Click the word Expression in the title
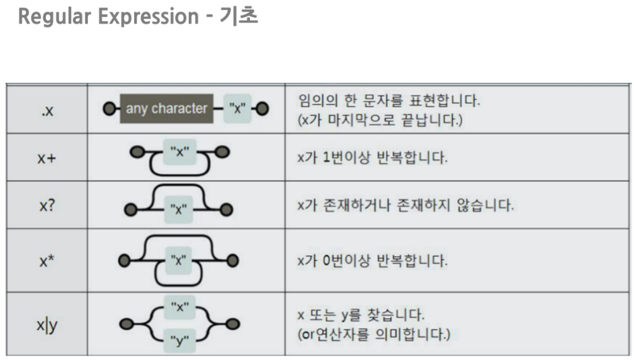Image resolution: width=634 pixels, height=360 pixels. pyautogui.click(x=146, y=17)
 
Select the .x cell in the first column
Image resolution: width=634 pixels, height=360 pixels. pyautogui.click(x=46, y=109)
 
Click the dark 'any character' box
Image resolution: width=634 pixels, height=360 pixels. pyautogui.click(x=167, y=108)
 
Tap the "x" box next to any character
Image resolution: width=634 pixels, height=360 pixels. pyautogui.click(x=238, y=108)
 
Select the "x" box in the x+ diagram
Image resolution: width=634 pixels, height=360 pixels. pyautogui.click(x=181, y=152)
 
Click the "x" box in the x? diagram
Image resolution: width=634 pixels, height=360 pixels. pyautogui.click(x=181, y=209)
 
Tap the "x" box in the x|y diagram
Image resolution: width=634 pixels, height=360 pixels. pyautogui.click(x=181, y=308)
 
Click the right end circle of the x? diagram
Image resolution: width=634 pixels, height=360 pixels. pyautogui.click(x=228, y=209)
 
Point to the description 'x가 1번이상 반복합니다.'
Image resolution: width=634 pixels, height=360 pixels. pyautogui.click(x=373, y=157)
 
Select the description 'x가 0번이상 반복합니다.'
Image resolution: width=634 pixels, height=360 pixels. pyautogui.click(x=373, y=261)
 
